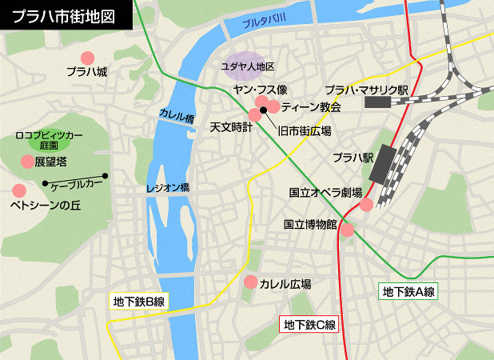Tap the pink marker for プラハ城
pyautogui.click(x=87, y=58)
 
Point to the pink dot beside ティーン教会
pyautogui.click(x=273, y=106)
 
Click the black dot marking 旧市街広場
pyautogui.click(x=263, y=110)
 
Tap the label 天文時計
pyautogui.click(x=231, y=127)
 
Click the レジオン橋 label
pyautogui.click(x=167, y=189)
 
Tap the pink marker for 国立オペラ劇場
pyautogui.click(x=365, y=205)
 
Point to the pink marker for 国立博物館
pyautogui.click(x=348, y=230)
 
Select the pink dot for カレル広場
pyautogui.click(x=250, y=282)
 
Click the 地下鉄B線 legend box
pyautogui.click(x=138, y=302)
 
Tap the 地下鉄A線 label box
pyautogui.click(x=408, y=292)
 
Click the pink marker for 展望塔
pyautogui.click(x=27, y=162)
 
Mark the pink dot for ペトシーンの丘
pyautogui.click(x=18, y=190)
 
